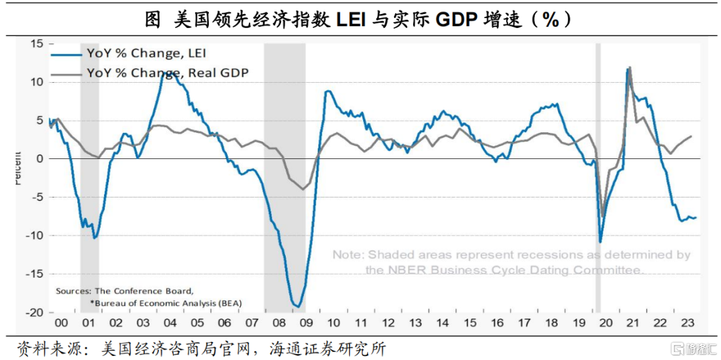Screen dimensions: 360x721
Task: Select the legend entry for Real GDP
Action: point(167,72)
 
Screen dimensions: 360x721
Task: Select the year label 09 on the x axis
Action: point(306,323)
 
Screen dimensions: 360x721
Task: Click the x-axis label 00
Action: point(61,323)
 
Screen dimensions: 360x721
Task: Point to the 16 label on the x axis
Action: point(497,323)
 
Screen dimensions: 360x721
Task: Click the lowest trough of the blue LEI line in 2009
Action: point(297,307)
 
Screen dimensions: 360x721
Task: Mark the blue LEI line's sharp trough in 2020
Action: point(600,242)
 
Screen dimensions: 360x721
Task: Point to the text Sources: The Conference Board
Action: point(124,291)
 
